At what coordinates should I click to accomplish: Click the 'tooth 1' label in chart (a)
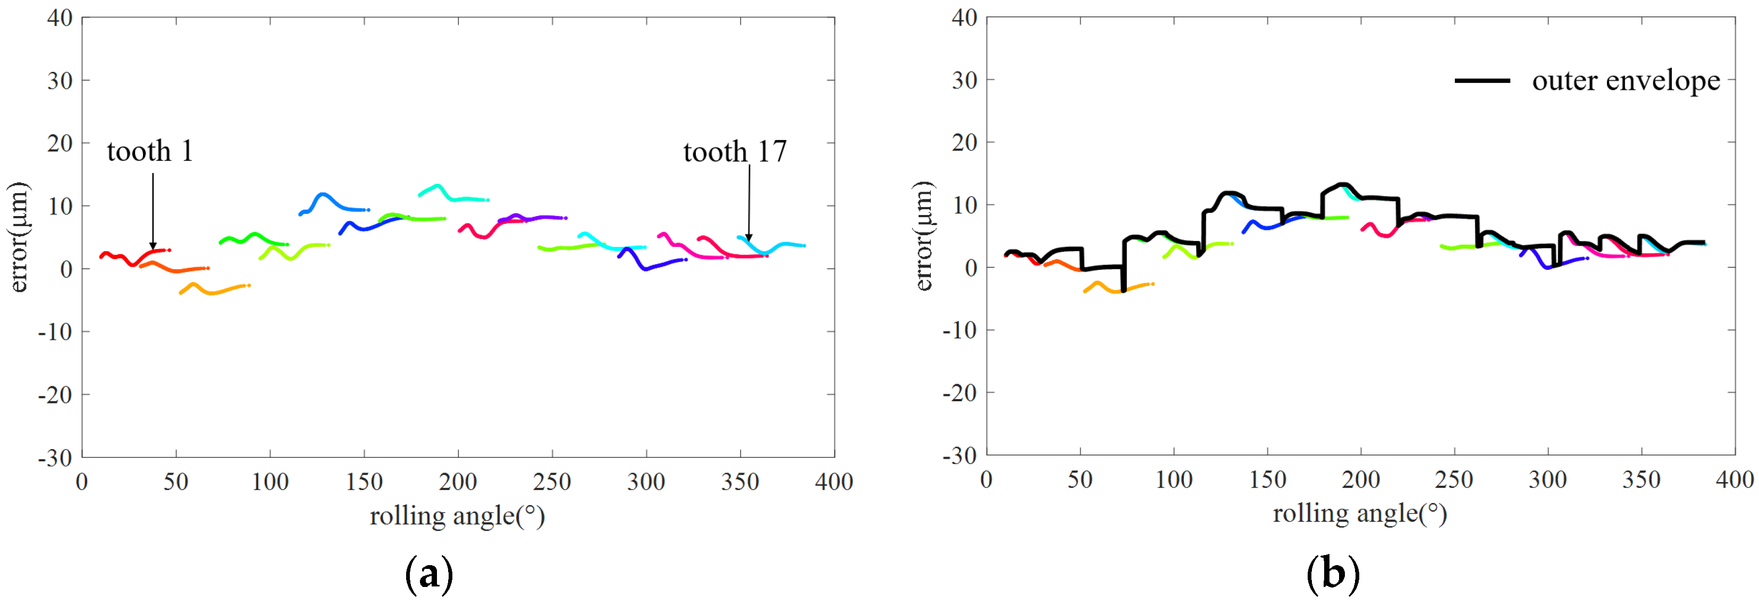[150, 151]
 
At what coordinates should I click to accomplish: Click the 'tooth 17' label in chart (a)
[735, 152]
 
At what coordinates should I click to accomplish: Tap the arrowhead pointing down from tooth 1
[153, 245]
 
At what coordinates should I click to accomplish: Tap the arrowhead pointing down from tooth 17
[748, 237]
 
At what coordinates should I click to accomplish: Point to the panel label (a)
[429, 574]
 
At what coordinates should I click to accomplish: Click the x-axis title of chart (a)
[457, 516]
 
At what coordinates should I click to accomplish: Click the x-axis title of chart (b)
[1360, 513]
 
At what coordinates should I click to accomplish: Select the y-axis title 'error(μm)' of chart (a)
[19, 237]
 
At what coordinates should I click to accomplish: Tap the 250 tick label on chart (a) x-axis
[552, 482]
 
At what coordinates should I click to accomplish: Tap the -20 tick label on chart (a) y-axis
[55, 395]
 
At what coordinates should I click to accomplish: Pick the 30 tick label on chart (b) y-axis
[964, 81]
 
